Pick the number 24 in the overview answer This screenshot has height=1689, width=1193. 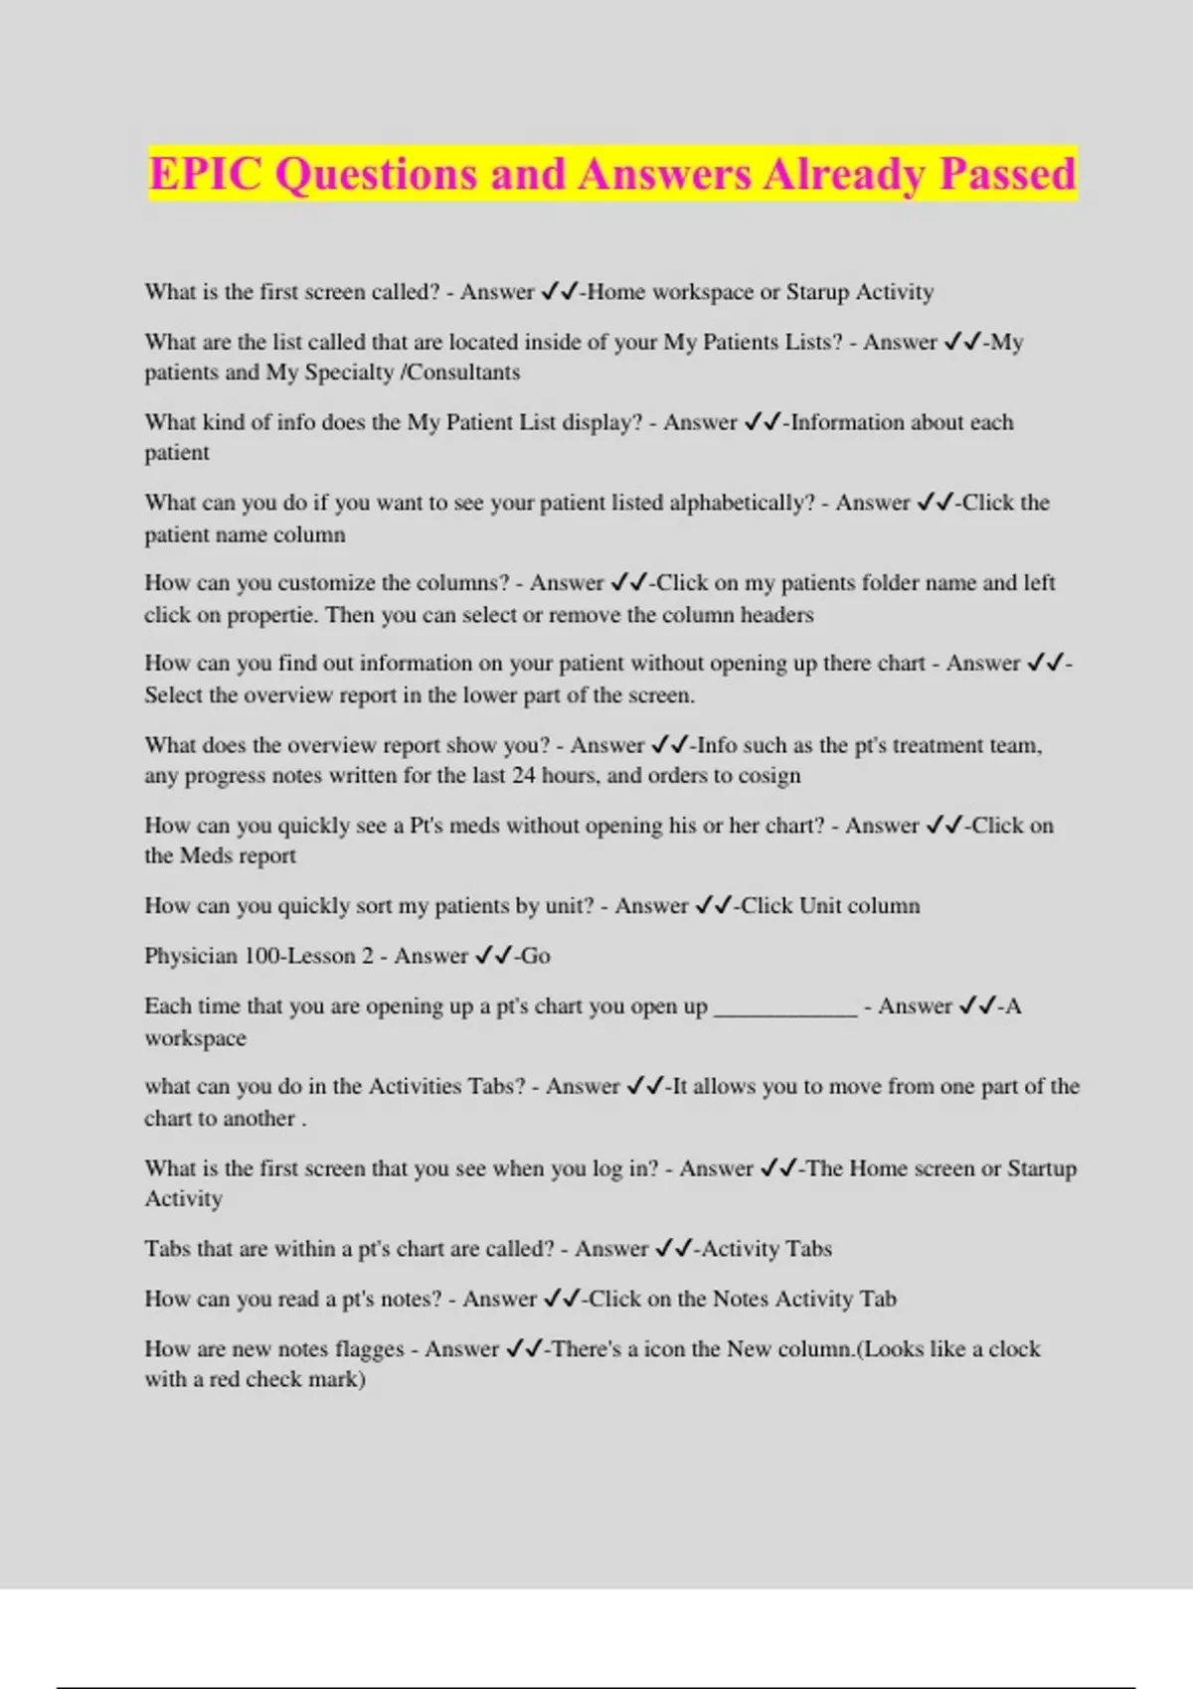point(524,776)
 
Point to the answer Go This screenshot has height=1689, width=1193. point(536,956)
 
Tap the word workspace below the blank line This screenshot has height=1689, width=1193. point(195,1038)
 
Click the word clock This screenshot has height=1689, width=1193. point(1014,1349)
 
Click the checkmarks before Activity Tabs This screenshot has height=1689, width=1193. point(674,1249)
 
